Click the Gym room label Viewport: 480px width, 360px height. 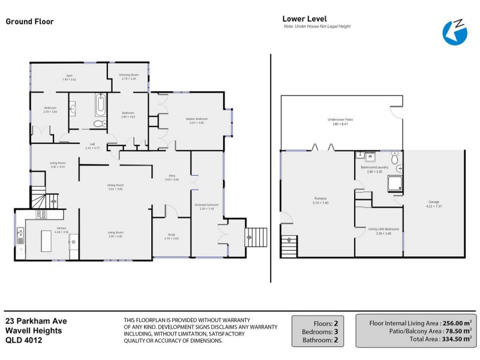(70, 77)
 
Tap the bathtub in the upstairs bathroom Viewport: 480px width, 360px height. (100, 106)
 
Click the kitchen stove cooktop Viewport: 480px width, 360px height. (41, 214)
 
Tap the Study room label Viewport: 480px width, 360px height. (167, 236)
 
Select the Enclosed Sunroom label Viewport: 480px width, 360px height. (206, 206)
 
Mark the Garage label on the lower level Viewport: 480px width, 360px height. (433, 203)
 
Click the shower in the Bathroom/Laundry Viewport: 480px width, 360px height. (396, 183)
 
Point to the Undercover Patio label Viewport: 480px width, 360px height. (340, 121)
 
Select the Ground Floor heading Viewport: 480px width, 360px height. (30, 22)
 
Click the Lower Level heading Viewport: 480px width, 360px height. (305, 19)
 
